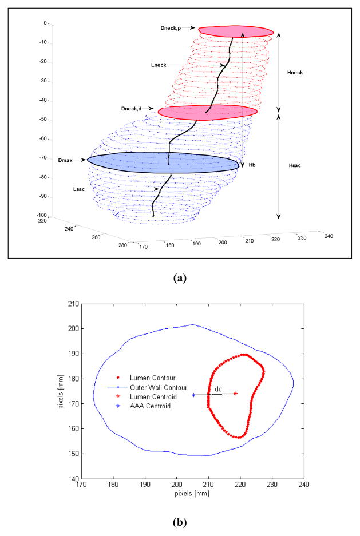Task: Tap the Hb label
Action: [x=252, y=165]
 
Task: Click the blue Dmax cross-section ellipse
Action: [x=163, y=161]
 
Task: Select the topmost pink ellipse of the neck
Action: [x=236, y=31]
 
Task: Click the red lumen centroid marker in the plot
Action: [x=235, y=394]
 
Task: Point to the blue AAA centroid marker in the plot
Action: [x=193, y=395]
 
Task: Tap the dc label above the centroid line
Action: [x=217, y=389]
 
